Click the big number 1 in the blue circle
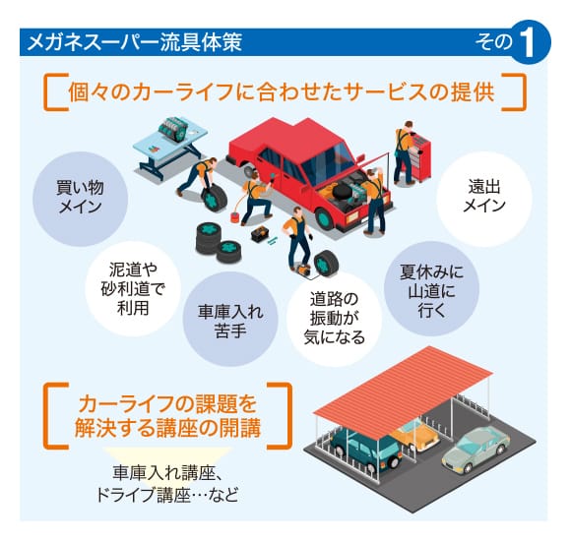[528, 43]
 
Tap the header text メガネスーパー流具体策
[134, 42]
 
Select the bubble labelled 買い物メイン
[81, 199]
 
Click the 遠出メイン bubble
[484, 199]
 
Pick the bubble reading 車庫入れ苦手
[230, 319]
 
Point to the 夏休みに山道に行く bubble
[431, 289]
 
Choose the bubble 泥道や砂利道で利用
[133, 289]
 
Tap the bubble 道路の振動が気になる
[334, 319]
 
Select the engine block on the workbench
[173, 129]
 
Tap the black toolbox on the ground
[260, 234]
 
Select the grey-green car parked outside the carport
[476, 451]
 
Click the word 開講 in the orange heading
[240, 428]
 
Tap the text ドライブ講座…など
[167, 495]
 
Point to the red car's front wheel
[324, 219]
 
